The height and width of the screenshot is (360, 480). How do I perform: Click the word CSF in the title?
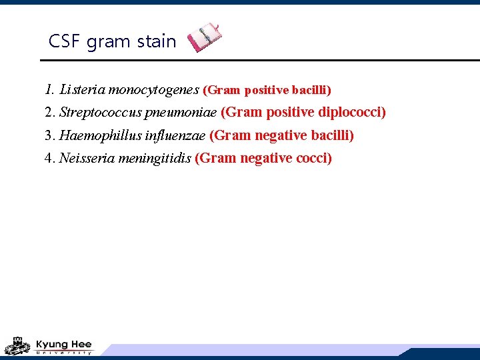[x=65, y=41]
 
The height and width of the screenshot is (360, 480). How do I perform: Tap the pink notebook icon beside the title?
[x=204, y=37]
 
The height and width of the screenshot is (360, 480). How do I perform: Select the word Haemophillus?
[x=100, y=136]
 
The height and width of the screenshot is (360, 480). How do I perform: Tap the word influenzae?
[x=175, y=136]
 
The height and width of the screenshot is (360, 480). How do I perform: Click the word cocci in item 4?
[x=314, y=159]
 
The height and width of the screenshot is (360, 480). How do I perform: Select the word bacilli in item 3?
[x=333, y=136]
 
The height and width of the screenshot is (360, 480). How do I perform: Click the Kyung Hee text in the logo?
[x=63, y=344]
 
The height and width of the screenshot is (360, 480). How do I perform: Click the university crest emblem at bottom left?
[x=18, y=346]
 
